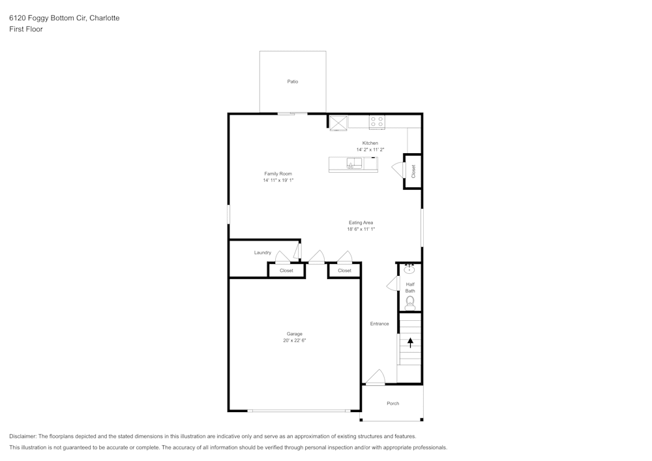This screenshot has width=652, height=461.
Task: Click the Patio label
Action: (x=293, y=82)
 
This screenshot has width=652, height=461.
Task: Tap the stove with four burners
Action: (x=377, y=122)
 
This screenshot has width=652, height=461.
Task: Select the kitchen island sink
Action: (x=355, y=164)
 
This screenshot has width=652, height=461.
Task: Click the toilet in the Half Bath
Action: (x=410, y=303)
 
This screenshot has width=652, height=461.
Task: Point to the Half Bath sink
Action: (x=409, y=269)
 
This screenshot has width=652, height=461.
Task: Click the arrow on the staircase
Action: (x=410, y=342)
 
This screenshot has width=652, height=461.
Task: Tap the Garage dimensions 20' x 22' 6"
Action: (x=295, y=340)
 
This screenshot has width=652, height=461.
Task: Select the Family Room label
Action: (x=278, y=173)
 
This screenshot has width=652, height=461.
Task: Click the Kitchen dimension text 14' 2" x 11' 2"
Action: (x=370, y=150)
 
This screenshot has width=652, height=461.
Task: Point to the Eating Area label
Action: (x=361, y=223)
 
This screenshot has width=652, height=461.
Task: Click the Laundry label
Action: (x=263, y=253)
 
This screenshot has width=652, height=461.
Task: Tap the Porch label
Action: (x=393, y=403)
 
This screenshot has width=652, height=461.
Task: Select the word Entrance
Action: (x=379, y=324)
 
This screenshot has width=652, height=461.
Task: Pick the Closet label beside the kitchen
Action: (x=413, y=171)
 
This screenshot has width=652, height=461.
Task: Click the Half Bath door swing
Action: (x=392, y=284)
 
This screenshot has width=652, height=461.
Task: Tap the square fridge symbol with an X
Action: (x=338, y=123)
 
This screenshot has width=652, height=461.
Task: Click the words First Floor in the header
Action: (x=26, y=29)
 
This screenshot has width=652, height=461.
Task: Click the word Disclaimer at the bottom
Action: (x=22, y=436)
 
